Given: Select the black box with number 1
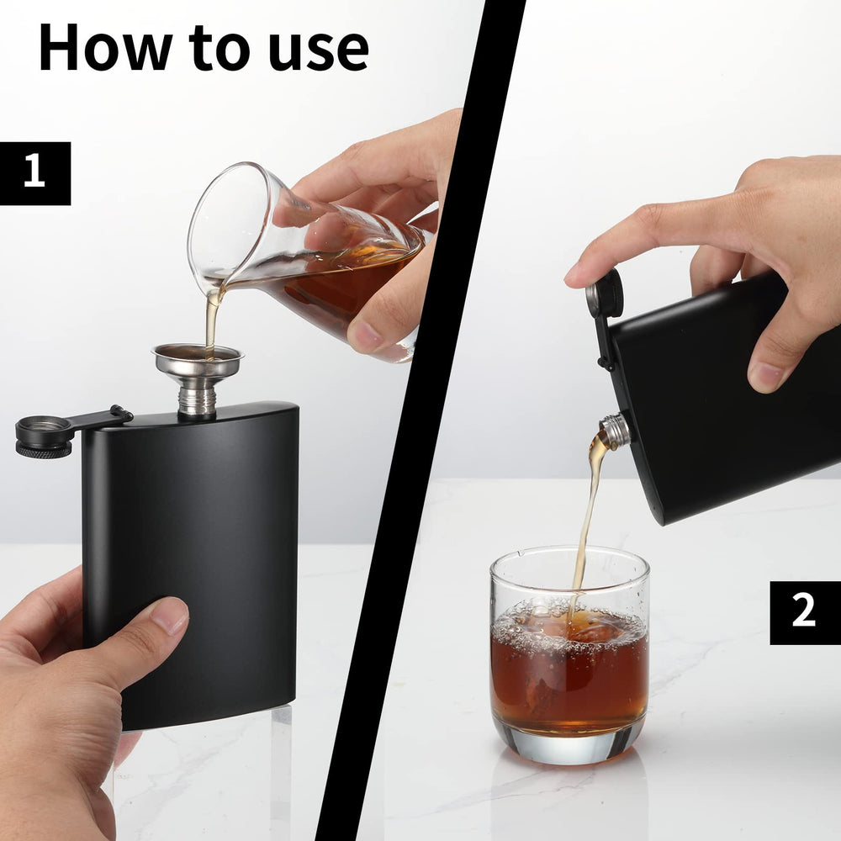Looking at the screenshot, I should pos(34,173).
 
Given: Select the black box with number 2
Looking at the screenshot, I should pos(804,612).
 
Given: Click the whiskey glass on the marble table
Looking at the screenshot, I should pos(569,656).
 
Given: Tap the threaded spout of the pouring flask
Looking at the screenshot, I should pos(616,430).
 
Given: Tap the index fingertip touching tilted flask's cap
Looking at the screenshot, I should pos(580,272).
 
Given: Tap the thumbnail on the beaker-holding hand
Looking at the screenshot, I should pos(367,336).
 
